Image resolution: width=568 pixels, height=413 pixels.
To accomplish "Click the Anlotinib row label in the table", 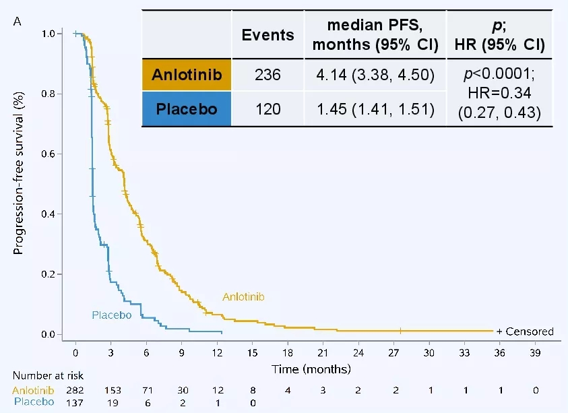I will click(186, 74).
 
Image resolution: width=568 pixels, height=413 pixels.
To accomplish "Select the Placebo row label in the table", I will click(186, 108).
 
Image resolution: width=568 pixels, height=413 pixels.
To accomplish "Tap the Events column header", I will click(267, 35).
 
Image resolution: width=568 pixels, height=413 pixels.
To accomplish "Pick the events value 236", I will click(267, 74).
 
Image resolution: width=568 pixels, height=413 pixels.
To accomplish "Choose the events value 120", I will click(267, 108).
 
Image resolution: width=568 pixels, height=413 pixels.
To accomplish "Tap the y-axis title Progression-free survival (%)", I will click(19, 184).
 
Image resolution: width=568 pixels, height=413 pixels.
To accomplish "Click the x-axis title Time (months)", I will click(311, 370).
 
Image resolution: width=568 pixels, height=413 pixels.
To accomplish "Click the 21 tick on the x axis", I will click(323, 352).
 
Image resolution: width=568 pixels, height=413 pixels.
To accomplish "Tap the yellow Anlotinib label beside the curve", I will click(243, 296).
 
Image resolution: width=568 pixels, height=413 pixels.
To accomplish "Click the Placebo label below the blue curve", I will click(111, 315).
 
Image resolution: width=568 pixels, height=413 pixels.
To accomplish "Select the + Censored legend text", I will click(525, 331).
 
